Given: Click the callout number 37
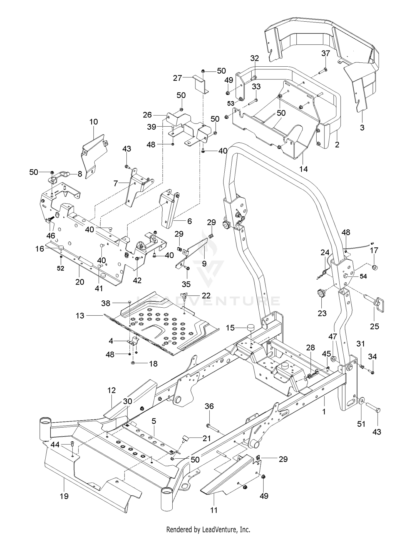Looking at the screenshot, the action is (x=326, y=53).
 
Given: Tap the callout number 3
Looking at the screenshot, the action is (x=362, y=128).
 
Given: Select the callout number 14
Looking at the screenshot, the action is (x=304, y=169).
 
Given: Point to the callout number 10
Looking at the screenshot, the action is (x=94, y=122).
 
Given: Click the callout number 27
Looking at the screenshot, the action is (x=177, y=78).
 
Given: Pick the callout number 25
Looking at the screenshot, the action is (x=374, y=326).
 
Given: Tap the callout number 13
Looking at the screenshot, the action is (x=80, y=316).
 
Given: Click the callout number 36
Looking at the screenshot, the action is (x=209, y=406).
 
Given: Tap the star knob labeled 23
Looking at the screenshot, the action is (x=321, y=293).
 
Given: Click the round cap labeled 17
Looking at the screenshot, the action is (x=374, y=268).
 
